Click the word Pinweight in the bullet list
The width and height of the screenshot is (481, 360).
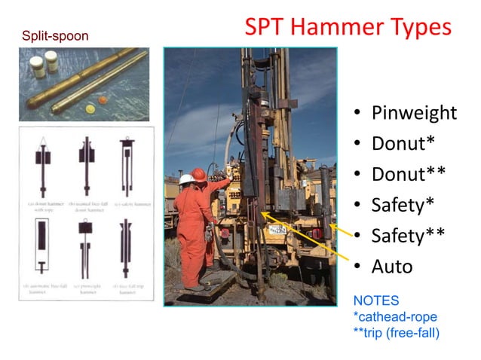click(x=414, y=113)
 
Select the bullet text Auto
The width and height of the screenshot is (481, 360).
click(x=392, y=267)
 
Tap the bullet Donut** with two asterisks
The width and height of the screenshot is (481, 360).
click(x=408, y=174)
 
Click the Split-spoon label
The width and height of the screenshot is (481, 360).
click(x=55, y=35)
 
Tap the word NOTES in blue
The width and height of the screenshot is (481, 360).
click(x=376, y=300)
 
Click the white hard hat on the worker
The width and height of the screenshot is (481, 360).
click(x=185, y=179)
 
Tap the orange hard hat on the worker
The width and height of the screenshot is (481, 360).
click(x=199, y=174)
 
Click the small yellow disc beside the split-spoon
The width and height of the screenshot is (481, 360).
click(x=92, y=110)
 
